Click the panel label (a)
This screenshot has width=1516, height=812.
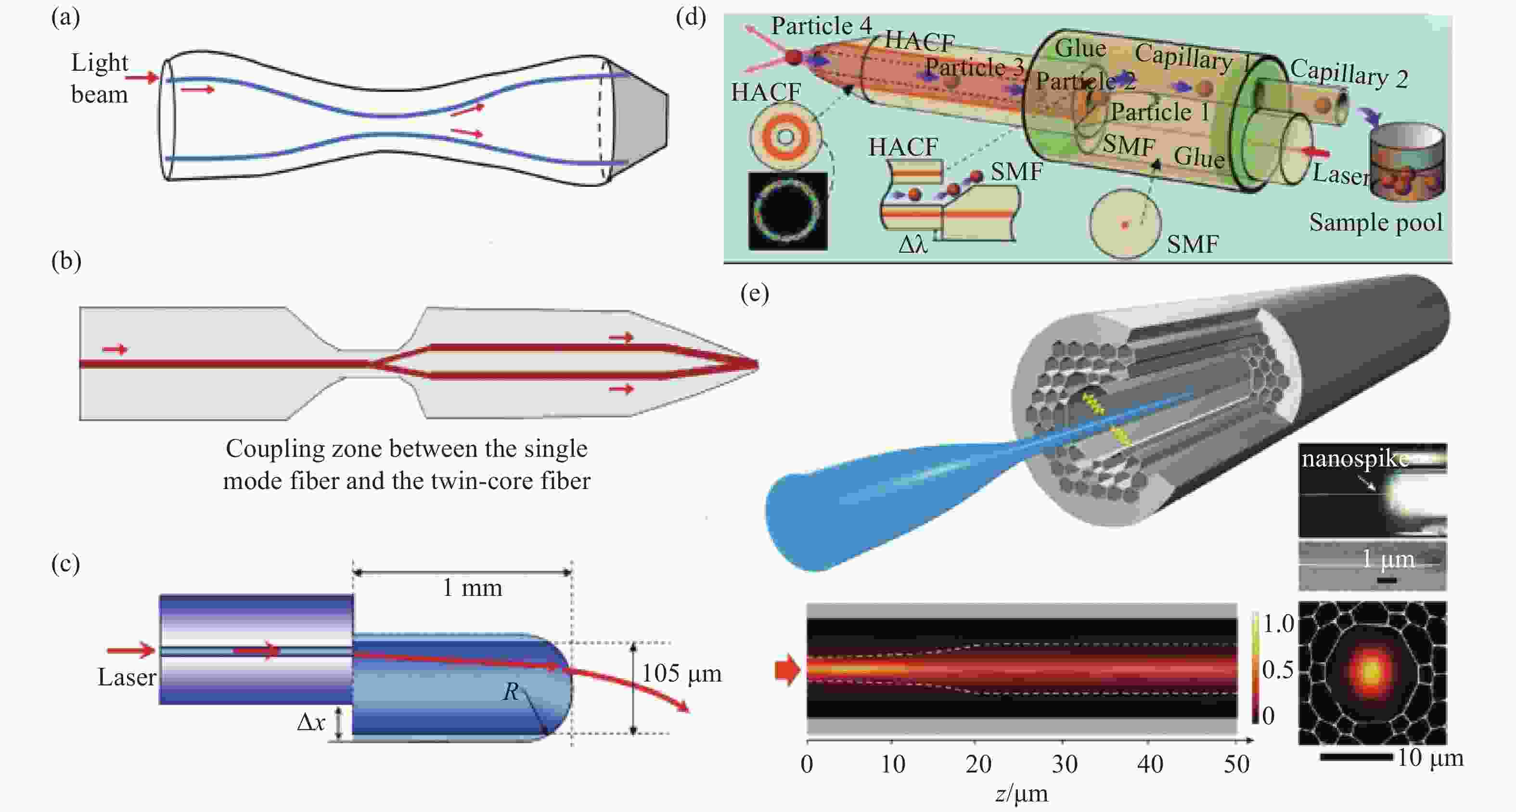click(x=65, y=18)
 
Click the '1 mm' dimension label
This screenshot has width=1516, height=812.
click(x=472, y=588)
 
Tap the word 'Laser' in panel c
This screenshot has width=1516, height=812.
click(x=126, y=677)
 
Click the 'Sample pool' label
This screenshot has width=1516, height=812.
click(x=1375, y=222)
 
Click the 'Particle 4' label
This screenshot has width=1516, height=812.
click(x=821, y=26)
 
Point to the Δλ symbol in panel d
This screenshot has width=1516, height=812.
click(x=913, y=244)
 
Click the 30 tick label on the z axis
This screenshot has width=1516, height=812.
click(x=1065, y=764)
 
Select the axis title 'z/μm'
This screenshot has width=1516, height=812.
click(x=1022, y=794)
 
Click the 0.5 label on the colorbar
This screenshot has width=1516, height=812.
click(x=1278, y=670)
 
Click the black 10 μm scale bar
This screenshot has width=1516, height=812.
click(x=1356, y=757)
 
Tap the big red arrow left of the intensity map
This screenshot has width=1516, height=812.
click(x=787, y=670)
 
